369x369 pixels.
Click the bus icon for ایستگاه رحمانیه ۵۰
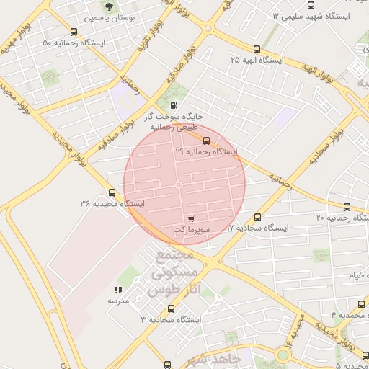74,32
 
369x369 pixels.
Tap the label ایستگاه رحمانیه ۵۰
74,43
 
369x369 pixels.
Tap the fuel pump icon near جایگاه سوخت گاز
174,105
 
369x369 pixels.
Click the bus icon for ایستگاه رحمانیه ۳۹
207,141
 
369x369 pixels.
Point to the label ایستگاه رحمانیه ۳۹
206,152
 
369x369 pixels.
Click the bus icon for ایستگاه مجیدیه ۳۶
112,192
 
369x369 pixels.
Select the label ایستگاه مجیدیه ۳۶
112,204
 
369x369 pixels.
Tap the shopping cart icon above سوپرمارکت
190,218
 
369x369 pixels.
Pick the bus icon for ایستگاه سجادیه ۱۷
258,216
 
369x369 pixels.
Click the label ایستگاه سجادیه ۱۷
257,228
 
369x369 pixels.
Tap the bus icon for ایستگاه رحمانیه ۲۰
347,207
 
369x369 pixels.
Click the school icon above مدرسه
118,290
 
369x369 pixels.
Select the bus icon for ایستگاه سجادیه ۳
172,308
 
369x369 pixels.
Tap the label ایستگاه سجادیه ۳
172,319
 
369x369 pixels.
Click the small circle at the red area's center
179,185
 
